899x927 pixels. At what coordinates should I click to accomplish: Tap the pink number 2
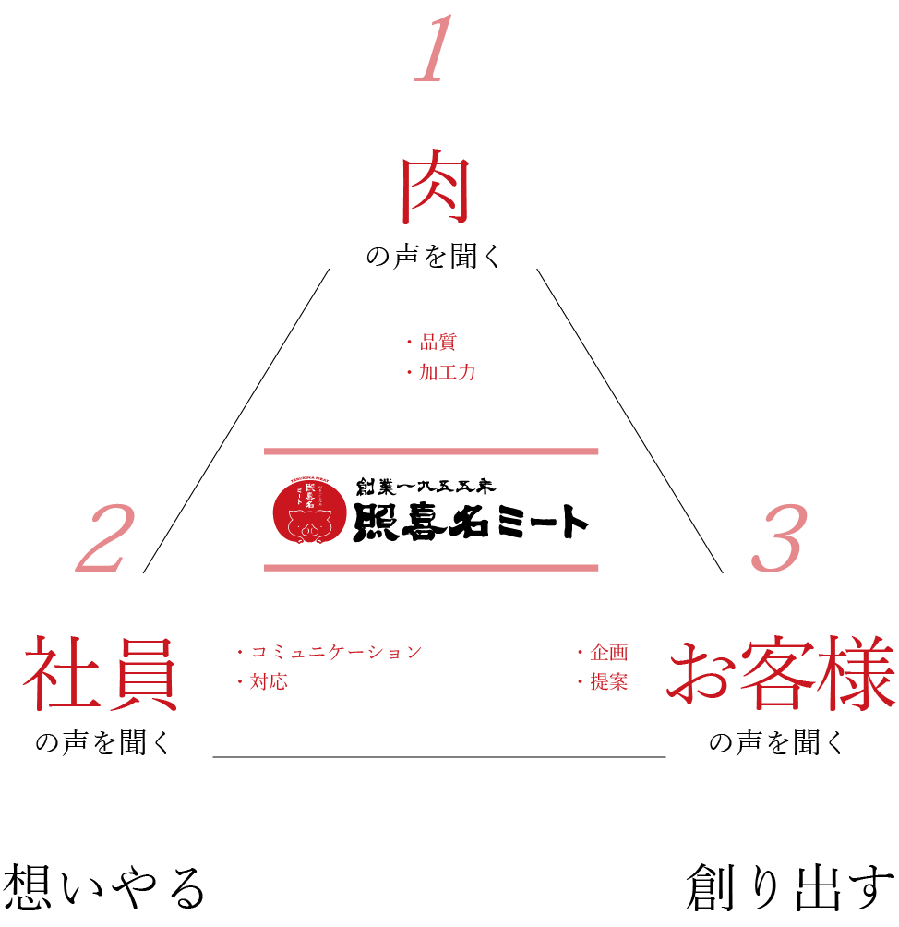click(x=107, y=540)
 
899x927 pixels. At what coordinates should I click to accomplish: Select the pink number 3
click(x=780, y=540)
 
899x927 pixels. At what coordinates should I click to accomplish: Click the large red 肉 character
click(x=435, y=192)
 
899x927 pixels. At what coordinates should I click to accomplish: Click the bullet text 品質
click(x=438, y=343)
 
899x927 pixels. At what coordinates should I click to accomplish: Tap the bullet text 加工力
click(x=447, y=373)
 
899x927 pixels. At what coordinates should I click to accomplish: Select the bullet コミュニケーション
click(x=336, y=653)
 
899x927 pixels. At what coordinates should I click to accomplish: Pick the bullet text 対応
click(x=269, y=683)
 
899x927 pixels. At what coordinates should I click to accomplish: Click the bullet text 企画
click(x=608, y=653)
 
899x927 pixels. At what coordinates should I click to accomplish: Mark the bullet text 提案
click(x=608, y=683)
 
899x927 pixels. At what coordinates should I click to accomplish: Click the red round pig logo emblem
click(x=308, y=510)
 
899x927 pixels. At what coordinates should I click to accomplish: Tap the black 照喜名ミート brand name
click(x=471, y=523)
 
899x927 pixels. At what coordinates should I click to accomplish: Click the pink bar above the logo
click(x=431, y=451)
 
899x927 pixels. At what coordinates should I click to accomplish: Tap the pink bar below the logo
click(x=431, y=568)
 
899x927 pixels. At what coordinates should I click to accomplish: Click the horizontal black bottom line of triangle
click(x=439, y=757)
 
